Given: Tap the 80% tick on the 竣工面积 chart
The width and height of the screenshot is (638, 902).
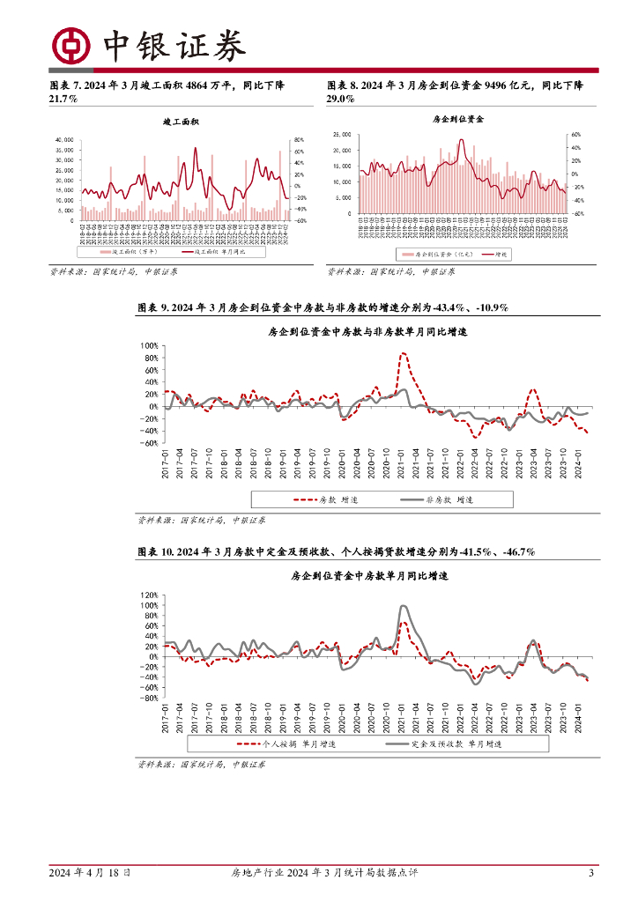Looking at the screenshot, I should click(299, 140).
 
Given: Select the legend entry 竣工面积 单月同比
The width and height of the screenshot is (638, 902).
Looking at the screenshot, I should click(212, 252).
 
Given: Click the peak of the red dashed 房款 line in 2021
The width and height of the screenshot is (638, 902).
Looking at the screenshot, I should click(403, 353).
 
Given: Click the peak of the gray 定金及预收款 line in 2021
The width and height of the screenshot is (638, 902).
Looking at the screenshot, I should click(403, 606).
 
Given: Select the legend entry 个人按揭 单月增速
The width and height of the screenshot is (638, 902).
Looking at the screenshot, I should click(294, 744).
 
